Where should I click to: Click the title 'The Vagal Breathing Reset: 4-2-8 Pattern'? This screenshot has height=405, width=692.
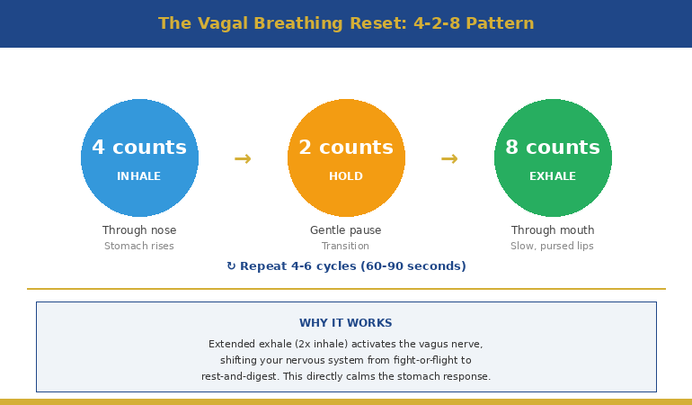[x=346, y=23]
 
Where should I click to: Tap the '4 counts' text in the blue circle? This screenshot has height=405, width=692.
[x=139, y=148]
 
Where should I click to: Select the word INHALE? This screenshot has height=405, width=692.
[x=139, y=176]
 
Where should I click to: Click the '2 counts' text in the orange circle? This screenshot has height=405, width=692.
[x=346, y=148]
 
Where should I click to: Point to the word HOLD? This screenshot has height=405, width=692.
[x=346, y=176]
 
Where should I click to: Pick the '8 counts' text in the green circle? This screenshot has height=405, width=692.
[x=553, y=148]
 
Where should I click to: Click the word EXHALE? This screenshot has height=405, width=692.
[x=553, y=176]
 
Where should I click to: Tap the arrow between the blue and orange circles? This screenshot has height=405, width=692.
[x=243, y=159]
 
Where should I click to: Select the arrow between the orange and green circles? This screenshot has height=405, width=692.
[x=449, y=159]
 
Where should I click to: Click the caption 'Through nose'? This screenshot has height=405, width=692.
[x=139, y=230]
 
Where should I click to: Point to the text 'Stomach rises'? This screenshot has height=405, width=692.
[x=139, y=246]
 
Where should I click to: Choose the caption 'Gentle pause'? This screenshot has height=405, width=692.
[x=346, y=230]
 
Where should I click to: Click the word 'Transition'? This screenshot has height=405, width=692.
[x=346, y=246]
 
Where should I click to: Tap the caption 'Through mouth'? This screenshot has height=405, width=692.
[x=553, y=230]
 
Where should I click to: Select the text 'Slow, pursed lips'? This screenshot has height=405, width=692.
[x=553, y=246]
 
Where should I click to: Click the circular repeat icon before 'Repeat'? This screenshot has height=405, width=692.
[x=231, y=266]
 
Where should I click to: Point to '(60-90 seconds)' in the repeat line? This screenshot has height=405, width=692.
[x=413, y=266]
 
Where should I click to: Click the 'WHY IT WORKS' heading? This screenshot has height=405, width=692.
[x=346, y=323]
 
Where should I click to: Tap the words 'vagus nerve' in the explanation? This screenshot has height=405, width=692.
[x=452, y=344]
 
